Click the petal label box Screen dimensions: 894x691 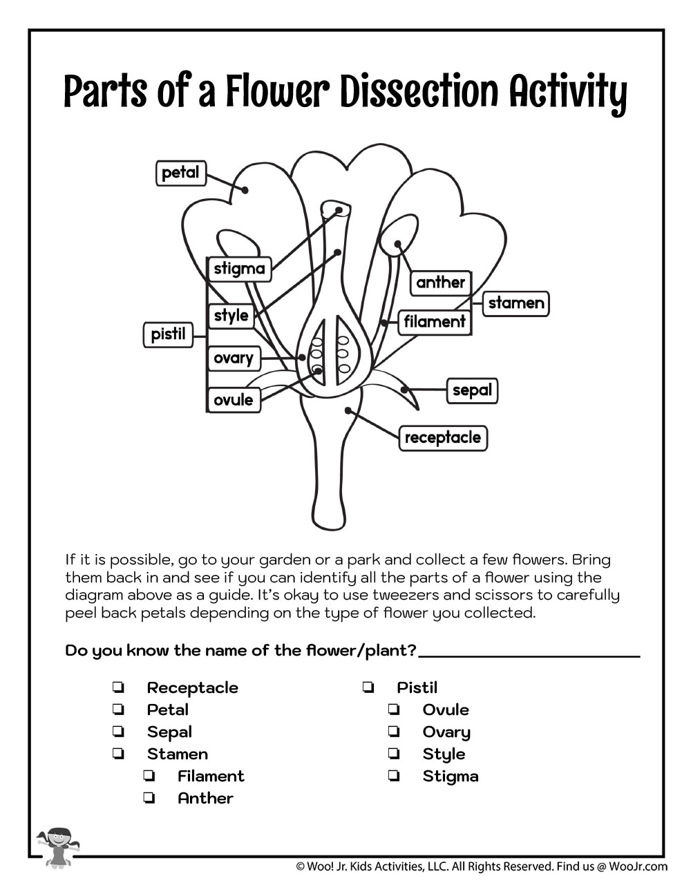(180, 173)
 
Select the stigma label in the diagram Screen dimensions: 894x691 (239, 268)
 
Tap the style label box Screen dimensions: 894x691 (231, 316)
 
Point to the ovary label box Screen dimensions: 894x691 (234, 358)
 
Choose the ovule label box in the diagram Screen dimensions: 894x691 (234, 399)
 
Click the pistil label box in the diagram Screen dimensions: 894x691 (169, 335)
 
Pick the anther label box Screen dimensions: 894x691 (441, 282)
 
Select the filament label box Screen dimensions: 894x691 (435, 321)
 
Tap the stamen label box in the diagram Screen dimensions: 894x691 (515, 303)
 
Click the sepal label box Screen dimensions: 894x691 (472, 390)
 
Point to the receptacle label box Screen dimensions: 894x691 (442, 437)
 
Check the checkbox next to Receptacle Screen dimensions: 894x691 (118, 687)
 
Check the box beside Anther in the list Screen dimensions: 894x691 (149, 798)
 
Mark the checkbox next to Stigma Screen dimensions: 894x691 (394, 776)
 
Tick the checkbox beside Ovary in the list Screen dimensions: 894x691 (394, 732)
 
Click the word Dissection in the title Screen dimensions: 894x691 (419, 92)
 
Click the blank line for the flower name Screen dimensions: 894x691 (529, 653)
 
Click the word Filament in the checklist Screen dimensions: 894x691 (211, 776)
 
